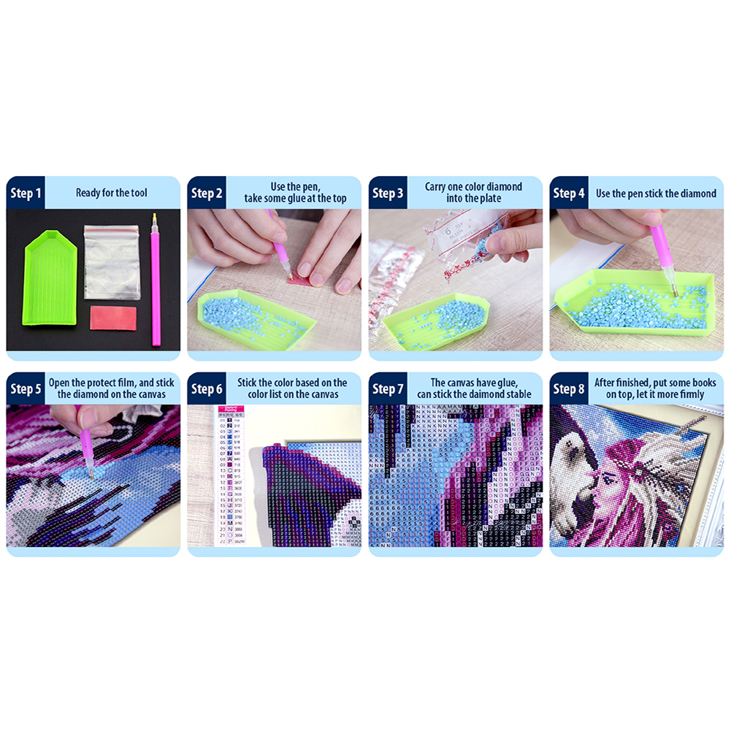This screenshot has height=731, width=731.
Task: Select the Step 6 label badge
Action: click(207, 389)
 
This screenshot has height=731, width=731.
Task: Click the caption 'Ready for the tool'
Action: click(111, 194)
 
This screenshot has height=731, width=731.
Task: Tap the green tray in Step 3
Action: click(438, 321)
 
